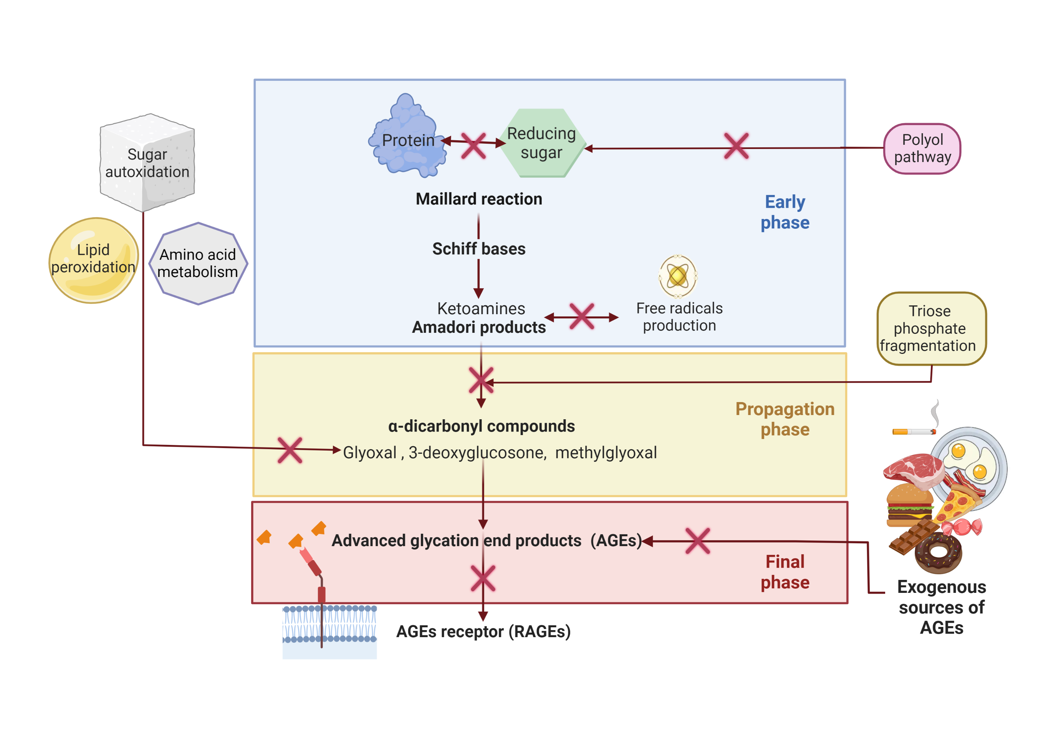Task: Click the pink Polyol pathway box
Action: tap(922, 148)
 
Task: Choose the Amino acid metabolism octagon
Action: tap(198, 263)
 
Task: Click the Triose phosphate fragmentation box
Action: tap(931, 328)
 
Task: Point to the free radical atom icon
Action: tap(678, 276)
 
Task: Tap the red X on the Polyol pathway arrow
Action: tap(736, 146)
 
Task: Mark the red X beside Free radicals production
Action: tap(582, 316)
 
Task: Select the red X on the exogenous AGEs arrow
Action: tap(697, 540)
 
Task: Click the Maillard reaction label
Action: tap(479, 199)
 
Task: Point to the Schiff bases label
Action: tap(479, 248)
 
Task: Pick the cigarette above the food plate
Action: tap(914, 431)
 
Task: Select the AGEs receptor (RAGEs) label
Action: tap(484, 631)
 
